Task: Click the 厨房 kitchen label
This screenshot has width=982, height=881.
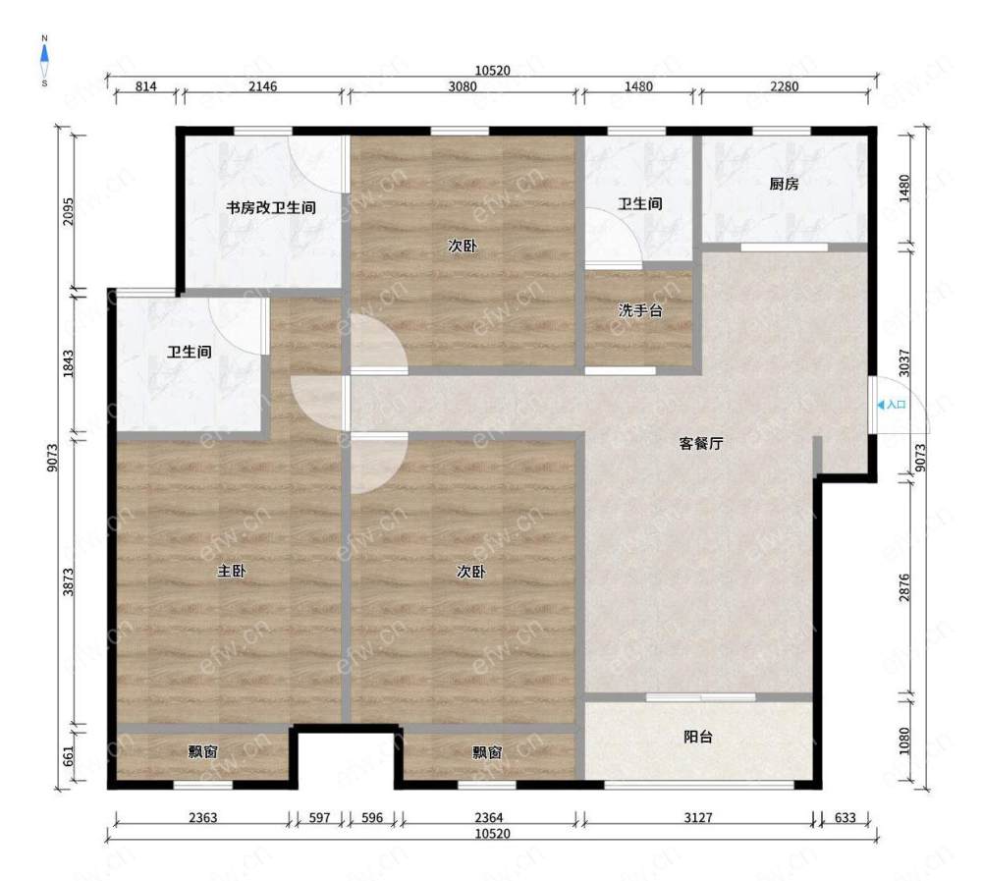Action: [784, 184]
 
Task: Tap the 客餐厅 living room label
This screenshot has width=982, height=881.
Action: [701, 444]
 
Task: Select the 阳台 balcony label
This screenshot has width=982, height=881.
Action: [697, 737]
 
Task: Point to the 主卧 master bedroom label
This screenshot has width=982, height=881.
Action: [231, 571]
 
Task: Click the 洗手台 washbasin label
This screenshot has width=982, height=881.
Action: [640, 310]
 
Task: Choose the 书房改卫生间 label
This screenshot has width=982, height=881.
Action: [271, 207]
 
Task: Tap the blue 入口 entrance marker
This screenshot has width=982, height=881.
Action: [892, 405]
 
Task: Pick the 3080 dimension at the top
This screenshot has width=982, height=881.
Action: [463, 86]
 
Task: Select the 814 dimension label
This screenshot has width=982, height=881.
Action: [146, 86]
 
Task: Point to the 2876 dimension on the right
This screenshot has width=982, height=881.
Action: [904, 587]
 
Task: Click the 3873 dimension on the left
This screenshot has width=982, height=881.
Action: [69, 582]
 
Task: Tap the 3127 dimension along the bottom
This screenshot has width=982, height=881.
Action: [697, 818]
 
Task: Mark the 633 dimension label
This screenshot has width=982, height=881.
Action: [845, 818]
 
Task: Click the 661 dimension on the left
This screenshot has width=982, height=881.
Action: [69, 755]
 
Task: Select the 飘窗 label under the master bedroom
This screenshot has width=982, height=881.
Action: [203, 751]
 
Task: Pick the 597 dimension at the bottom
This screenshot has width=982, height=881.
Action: [319, 818]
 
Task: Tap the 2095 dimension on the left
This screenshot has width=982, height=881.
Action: [69, 212]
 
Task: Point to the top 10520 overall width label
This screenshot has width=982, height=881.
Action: [492, 71]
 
